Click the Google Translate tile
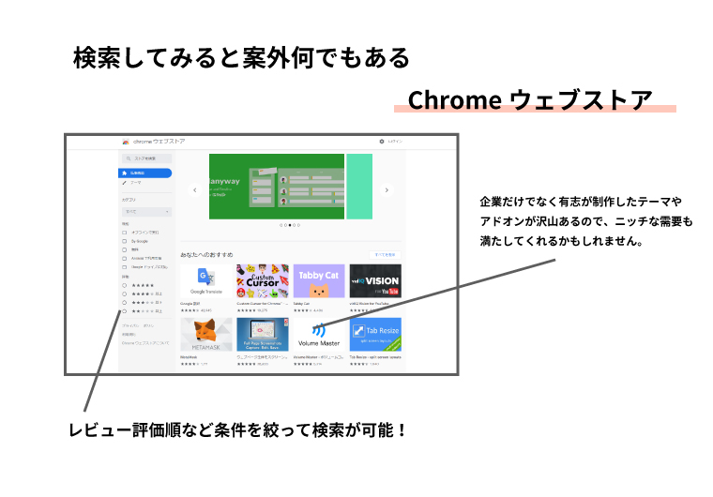(x=205, y=280)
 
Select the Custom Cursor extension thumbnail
(x=262, y=280)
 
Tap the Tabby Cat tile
(x=318, y=280)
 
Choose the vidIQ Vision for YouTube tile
(x=374, y=280)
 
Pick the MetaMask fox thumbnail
(x=205, y=334)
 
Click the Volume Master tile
(x=318, y=334)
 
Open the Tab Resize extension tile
(x=374, y=334)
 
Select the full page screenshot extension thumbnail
(x=262, y=334)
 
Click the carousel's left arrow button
(x=194, y=189)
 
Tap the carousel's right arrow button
(x=387, y=189)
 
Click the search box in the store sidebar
(x=145, y=158)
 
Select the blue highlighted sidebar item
(x=144, y=173)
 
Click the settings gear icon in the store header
(x=382, y=142)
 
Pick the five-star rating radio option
(x=125, y=285)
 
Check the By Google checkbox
(x=124, y=241)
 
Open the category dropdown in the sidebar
(x=145, y=212)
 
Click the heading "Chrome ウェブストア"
(x=530, y=99)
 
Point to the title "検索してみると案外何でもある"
(x=242, y=58)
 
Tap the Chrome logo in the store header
(x=125, y=142)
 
